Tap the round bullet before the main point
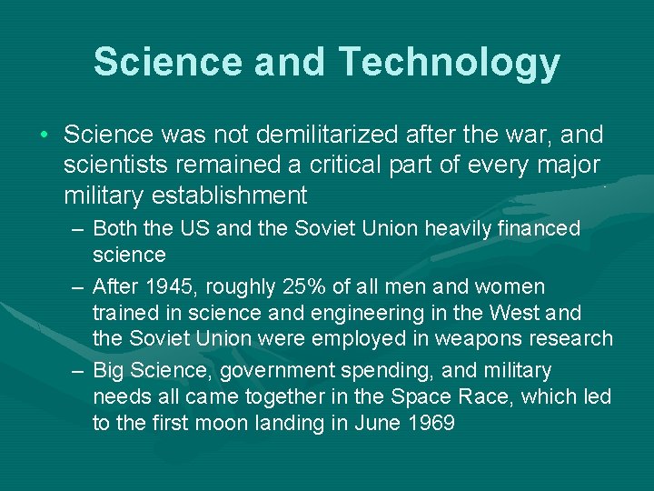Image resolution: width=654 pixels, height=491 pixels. [x=44, y=136]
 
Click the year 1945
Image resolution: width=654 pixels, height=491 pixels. [x=170, y=286]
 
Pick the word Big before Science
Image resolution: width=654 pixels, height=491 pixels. [x=112, y=371]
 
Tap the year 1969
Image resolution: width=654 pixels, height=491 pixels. [x=428, y=424]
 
